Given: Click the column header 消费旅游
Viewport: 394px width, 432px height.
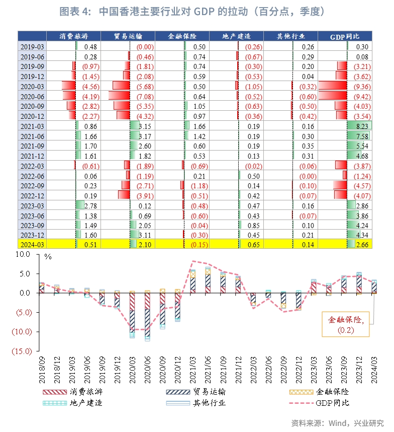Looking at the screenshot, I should click(x=73, y=36).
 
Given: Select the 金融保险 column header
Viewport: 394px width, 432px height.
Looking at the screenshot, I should click(x=182, y=36).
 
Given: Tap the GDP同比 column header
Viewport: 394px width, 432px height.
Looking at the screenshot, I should click(x=345, y=36).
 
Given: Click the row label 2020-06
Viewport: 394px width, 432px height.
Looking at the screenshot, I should click(x=32, y=96).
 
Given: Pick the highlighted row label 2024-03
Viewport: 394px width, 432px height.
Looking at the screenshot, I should click(x=32, y=244).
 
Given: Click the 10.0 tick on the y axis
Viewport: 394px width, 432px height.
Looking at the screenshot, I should click(x=23, y=255).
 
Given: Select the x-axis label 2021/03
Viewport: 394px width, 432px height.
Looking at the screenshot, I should click(x=193, y=371).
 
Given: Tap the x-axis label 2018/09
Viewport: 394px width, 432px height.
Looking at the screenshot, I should click(x=41, y=371).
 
